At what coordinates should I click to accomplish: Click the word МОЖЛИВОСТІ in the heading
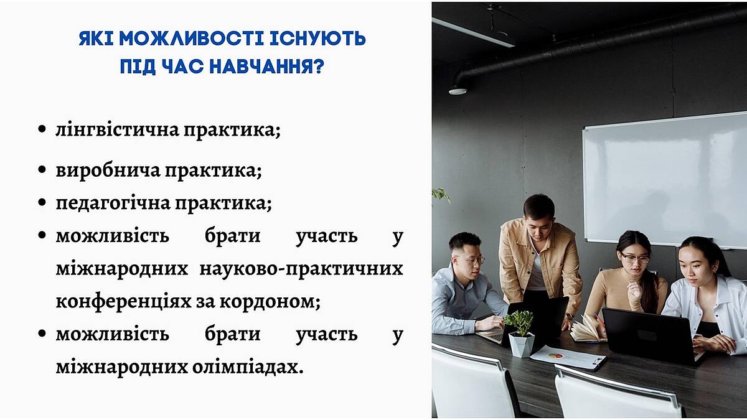[x=192, y=39]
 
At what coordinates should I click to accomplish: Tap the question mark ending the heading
[x=319, y=67]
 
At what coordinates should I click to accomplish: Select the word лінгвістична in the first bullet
[x=118, y=129]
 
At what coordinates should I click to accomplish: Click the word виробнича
[x=108, y=170]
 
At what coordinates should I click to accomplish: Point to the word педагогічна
[x=113, y=203]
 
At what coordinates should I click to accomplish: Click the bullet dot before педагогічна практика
[x=42, y=202]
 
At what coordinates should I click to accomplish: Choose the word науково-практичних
[x=301, y=269]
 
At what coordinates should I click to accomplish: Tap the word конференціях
[x=123, y=301]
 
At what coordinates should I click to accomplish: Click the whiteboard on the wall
[x=665, y=180]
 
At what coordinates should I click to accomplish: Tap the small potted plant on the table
[x=520, y=334]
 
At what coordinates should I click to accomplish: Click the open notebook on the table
[x=588, y=330]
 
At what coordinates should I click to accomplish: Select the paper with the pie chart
[x=568, y=358]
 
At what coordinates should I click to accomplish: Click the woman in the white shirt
[x=707, y=293]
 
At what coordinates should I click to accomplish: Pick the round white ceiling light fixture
[x=457, y=90]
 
